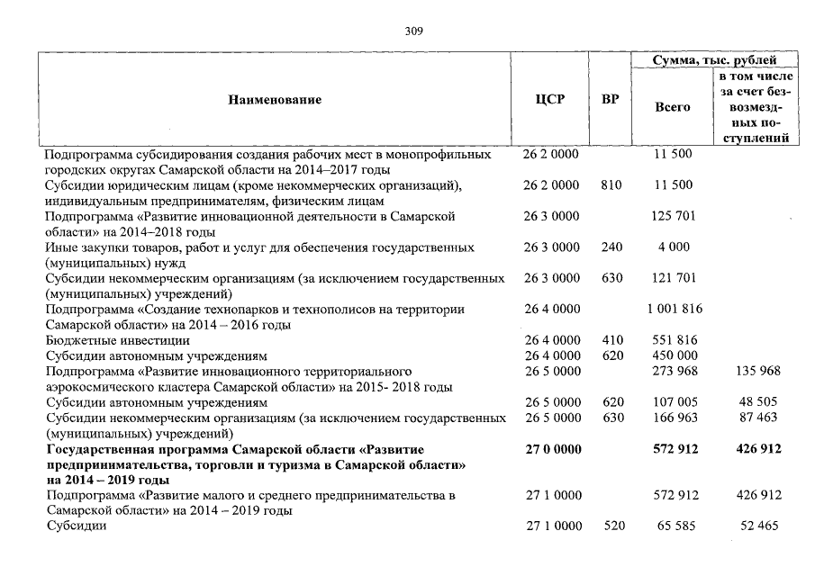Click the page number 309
[414, 31]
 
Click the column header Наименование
[274, 100]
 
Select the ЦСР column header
[550, 100]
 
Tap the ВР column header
[611, 100]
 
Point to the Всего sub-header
[674, 106]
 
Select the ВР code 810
[611, 185]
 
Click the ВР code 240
[611, 247]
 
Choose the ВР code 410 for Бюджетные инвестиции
[611, 340]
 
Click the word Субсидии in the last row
[77, 526]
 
